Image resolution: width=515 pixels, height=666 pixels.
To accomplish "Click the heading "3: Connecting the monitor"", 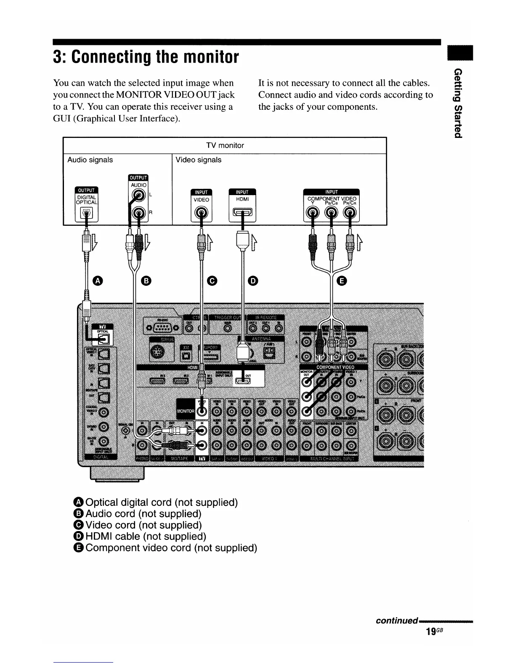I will pos(146,57).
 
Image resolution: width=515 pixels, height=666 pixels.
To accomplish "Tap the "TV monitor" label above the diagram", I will pos(225,145).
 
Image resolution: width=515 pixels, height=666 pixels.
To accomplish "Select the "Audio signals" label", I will pos(90,160).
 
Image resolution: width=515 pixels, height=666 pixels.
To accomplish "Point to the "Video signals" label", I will pos(198,160).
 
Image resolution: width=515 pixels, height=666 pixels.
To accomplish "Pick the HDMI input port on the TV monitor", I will pos(242,214).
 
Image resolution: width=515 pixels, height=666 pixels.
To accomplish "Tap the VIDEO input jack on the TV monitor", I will pos(201,214).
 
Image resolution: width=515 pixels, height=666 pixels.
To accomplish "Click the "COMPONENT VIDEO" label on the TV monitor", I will pos(332,199).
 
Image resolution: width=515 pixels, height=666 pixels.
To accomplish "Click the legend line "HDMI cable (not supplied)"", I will pos(140,536).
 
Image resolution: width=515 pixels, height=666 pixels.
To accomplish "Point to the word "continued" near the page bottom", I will pos(396,621).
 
